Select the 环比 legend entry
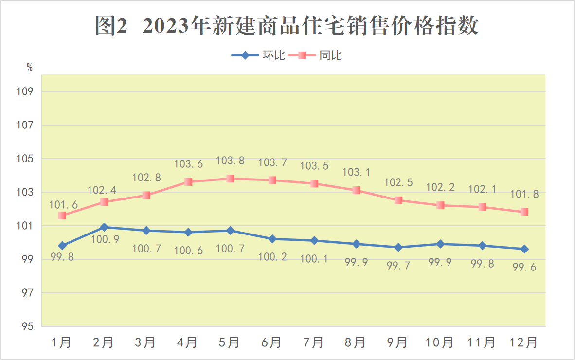(x=258, y=55)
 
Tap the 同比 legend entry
(x=316, y=55)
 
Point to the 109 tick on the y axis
(x=27, y=91)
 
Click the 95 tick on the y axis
(x=27, y=326)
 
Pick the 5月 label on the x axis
(x=230, y=342)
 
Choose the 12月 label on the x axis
(x=524, y=342)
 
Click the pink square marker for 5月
(x=230, y=179)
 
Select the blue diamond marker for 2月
(x=104, y=227)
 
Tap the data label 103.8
(x=230, y=161)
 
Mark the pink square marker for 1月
(x=62, y=215)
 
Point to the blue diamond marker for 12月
(x=524, y=249)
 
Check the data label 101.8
(x=524, y=195)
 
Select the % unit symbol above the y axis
(x=30, y=68)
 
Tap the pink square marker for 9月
(x=398, y=200)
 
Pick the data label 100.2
(x=272, y=256)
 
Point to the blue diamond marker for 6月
(x=272, y=239)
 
